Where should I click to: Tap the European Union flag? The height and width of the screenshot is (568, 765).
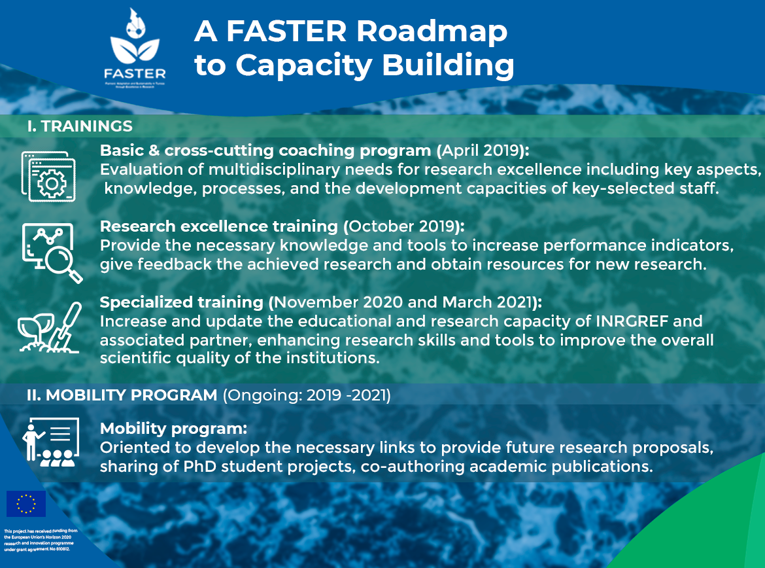(26, 504)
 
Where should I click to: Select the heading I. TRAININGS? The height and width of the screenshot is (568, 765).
(80, 126)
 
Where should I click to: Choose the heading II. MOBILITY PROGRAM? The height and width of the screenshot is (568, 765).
(122, 395)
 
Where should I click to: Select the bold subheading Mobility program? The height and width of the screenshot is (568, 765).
(173, 429)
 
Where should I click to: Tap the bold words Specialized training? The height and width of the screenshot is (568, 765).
(180, 302)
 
